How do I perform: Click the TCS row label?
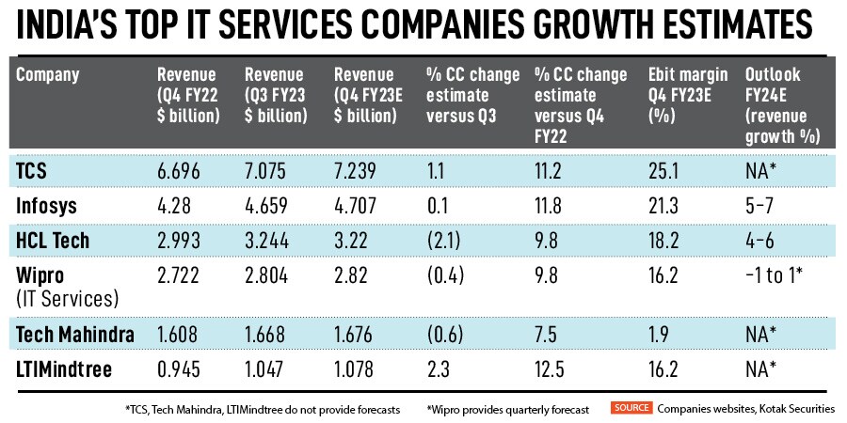(x=34, y=169)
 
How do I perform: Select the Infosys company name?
(x=45, y=205)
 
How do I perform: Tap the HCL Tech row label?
(x=54, y=240)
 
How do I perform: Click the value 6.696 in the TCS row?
(x=179, y=169)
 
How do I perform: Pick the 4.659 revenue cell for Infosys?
(x=265, y=205)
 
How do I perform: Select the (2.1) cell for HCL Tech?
(x=443, y=240)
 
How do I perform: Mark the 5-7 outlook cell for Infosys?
(x=760, y=205)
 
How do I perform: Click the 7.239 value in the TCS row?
(x=356, y=169)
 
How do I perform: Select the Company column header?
(x=47, y=74)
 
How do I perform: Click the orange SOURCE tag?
(x=631, y=407)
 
